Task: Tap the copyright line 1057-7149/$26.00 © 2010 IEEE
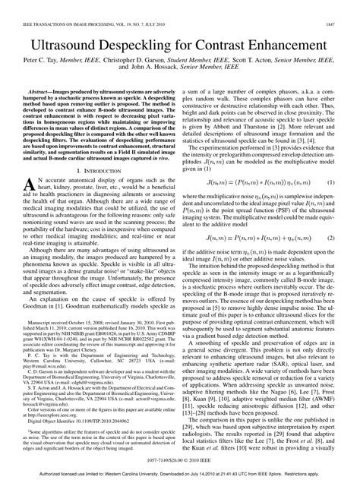tap(180, 460)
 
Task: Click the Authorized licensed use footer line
tap(180, 473)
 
